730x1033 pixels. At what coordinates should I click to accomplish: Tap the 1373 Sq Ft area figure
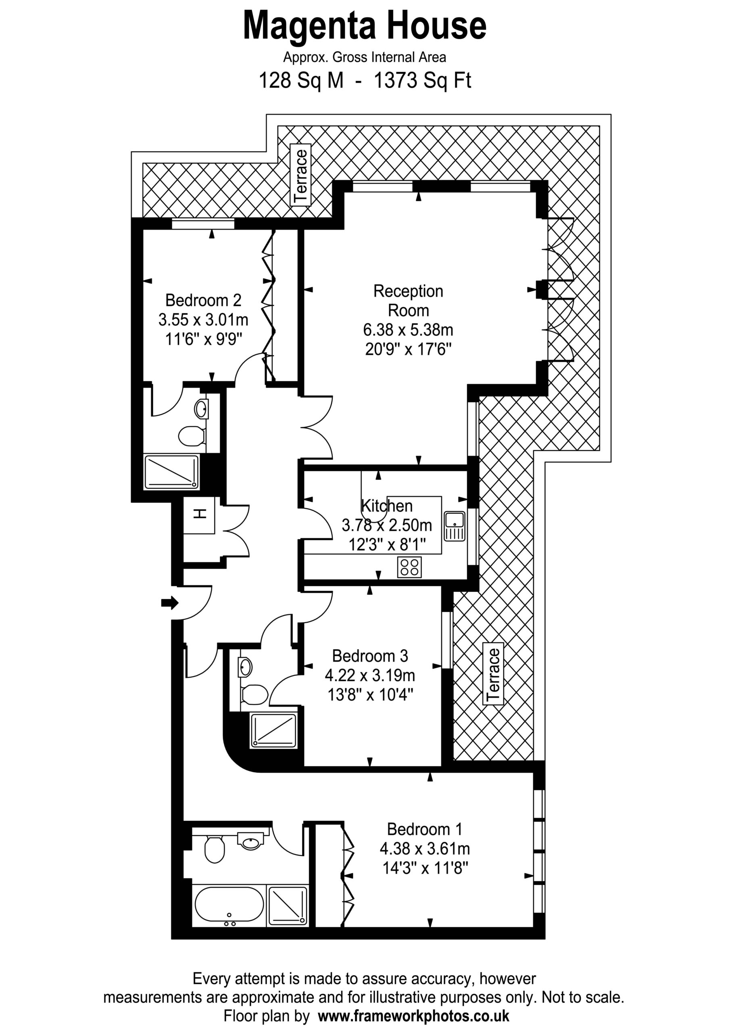tap(422, 81)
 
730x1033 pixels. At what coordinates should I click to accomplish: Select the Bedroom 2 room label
tap(203, 300)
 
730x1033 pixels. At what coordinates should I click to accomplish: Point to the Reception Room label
tap(409, 301)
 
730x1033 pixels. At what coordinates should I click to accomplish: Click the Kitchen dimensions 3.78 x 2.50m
tap(387, 525)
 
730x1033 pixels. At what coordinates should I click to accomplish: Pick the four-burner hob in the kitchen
tap(410, 567)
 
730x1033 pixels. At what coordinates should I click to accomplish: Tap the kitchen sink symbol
tap(455, 525)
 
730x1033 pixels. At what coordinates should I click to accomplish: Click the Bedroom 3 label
tap(370, 656)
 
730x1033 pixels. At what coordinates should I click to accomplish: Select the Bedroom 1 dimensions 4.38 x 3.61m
tap(425, 849)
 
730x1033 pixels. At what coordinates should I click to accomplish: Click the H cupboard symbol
tap(199, 514)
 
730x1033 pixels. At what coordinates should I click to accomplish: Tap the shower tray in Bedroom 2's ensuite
tap(171, 472)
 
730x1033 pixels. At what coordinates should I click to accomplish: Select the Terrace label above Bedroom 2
tap(300, 176)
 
